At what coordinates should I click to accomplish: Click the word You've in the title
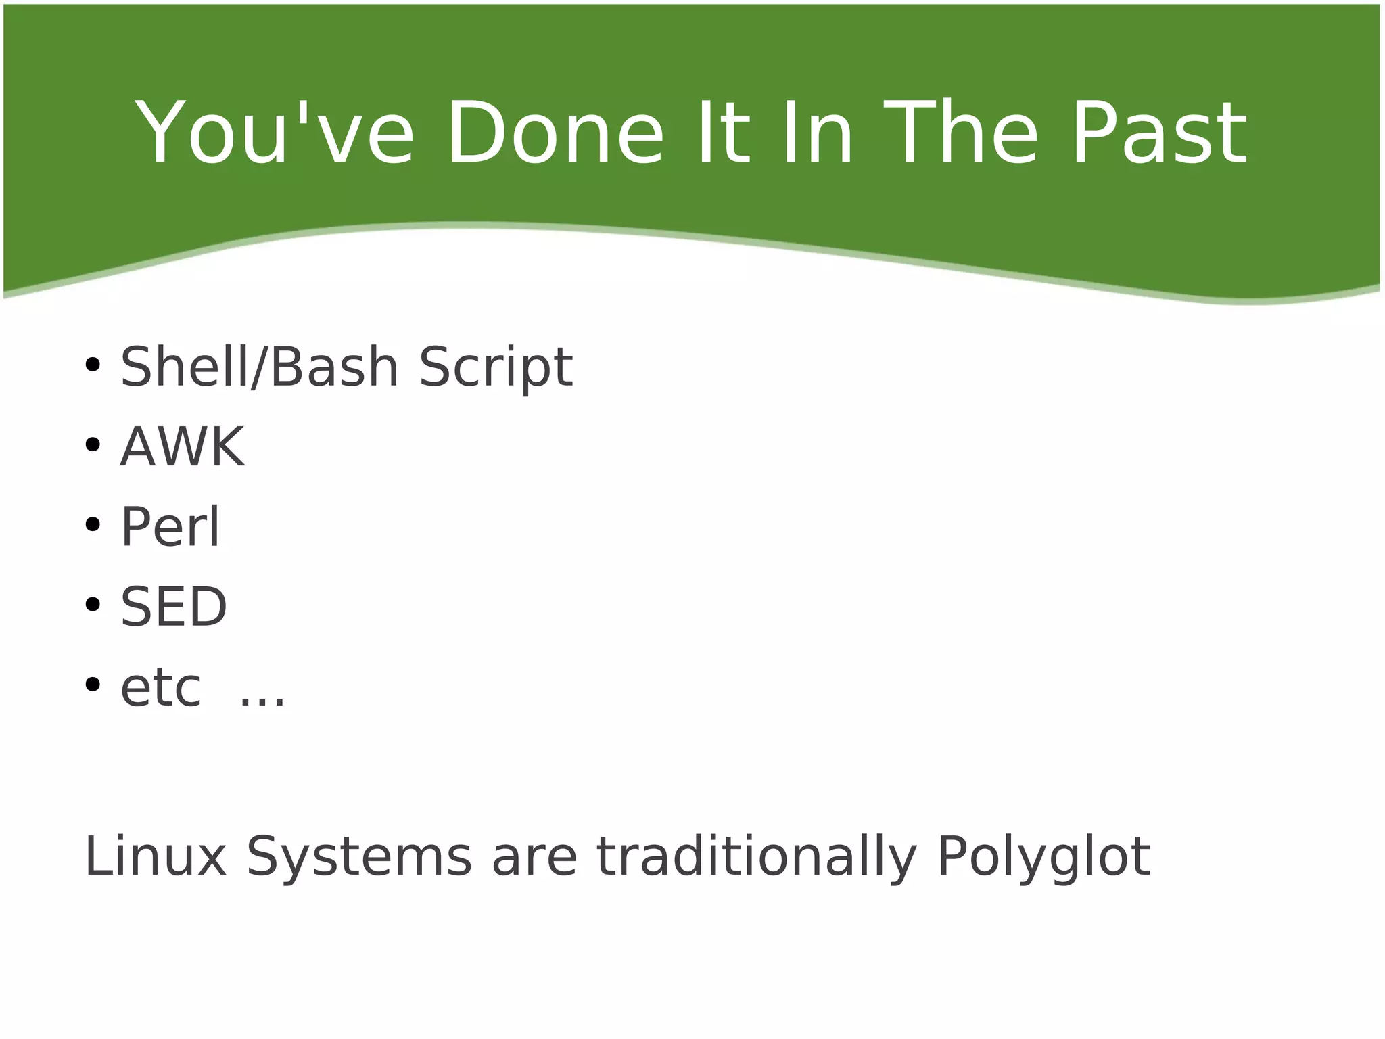tap(275, 133)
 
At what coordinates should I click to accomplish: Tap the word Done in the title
tap(555, 133)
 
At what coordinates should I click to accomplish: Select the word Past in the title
tap(1158, 133)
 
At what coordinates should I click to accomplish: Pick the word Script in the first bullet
tap(496, 367)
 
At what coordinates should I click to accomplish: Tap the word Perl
tap(170, 527)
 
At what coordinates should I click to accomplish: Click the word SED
tap(174, 607)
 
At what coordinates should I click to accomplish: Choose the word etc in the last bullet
tap(161, 688)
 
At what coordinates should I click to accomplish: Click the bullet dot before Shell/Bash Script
tap(93, 366)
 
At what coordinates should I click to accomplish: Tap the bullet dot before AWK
tap(93, 446)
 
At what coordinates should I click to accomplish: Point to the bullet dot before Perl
tap(93, 525)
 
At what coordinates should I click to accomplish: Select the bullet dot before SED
tap(93, 605)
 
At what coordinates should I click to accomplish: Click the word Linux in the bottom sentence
tap(155, 856)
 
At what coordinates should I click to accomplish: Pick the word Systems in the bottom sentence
tap(358, 858)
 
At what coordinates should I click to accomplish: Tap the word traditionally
tap(756, 856)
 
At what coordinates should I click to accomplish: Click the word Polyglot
tap(1043, 858)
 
